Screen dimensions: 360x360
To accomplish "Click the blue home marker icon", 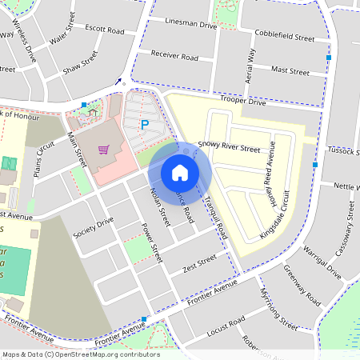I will click(x=180, y=172).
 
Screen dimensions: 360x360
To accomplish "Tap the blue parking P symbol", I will click(x=145, y=124).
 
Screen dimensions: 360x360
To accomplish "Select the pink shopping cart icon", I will click(x=103, y=149).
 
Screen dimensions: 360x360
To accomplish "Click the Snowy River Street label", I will click(x=230, y=148).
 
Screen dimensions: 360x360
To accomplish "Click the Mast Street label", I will click(x=290, y=71).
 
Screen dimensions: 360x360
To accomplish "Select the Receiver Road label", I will click(x=174, y=57).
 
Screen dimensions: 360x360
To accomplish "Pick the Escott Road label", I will click(x=105, y=30).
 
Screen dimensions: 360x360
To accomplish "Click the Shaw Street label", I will click(x=80, y=62).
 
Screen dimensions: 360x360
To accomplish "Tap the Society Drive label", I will click(x=94, y=228).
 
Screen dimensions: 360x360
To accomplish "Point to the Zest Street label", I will click(x=199, y=262).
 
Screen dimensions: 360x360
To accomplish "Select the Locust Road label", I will click(x=226, y=326).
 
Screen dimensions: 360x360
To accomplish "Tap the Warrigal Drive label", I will click(x=324, y=262).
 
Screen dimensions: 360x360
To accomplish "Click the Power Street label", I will click(x=152, y=243).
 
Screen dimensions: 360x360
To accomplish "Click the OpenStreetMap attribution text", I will click(x=80, y=354).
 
